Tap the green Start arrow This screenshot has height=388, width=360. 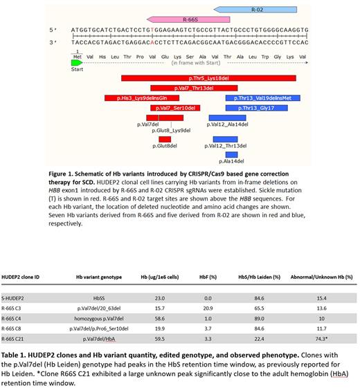[80, 62]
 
